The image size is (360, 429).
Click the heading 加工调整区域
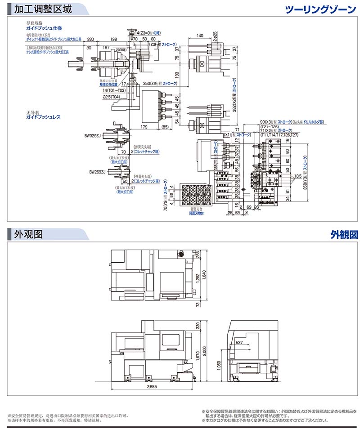[x=43, y=9]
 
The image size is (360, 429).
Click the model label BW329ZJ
[x=93, y=134]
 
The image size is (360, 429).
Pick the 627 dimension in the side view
[x=239, y=343]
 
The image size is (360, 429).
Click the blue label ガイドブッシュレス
[x=43, y=117]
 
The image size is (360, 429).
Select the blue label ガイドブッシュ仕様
[x=43, y=27]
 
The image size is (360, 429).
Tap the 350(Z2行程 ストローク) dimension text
[x=160, y=84]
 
